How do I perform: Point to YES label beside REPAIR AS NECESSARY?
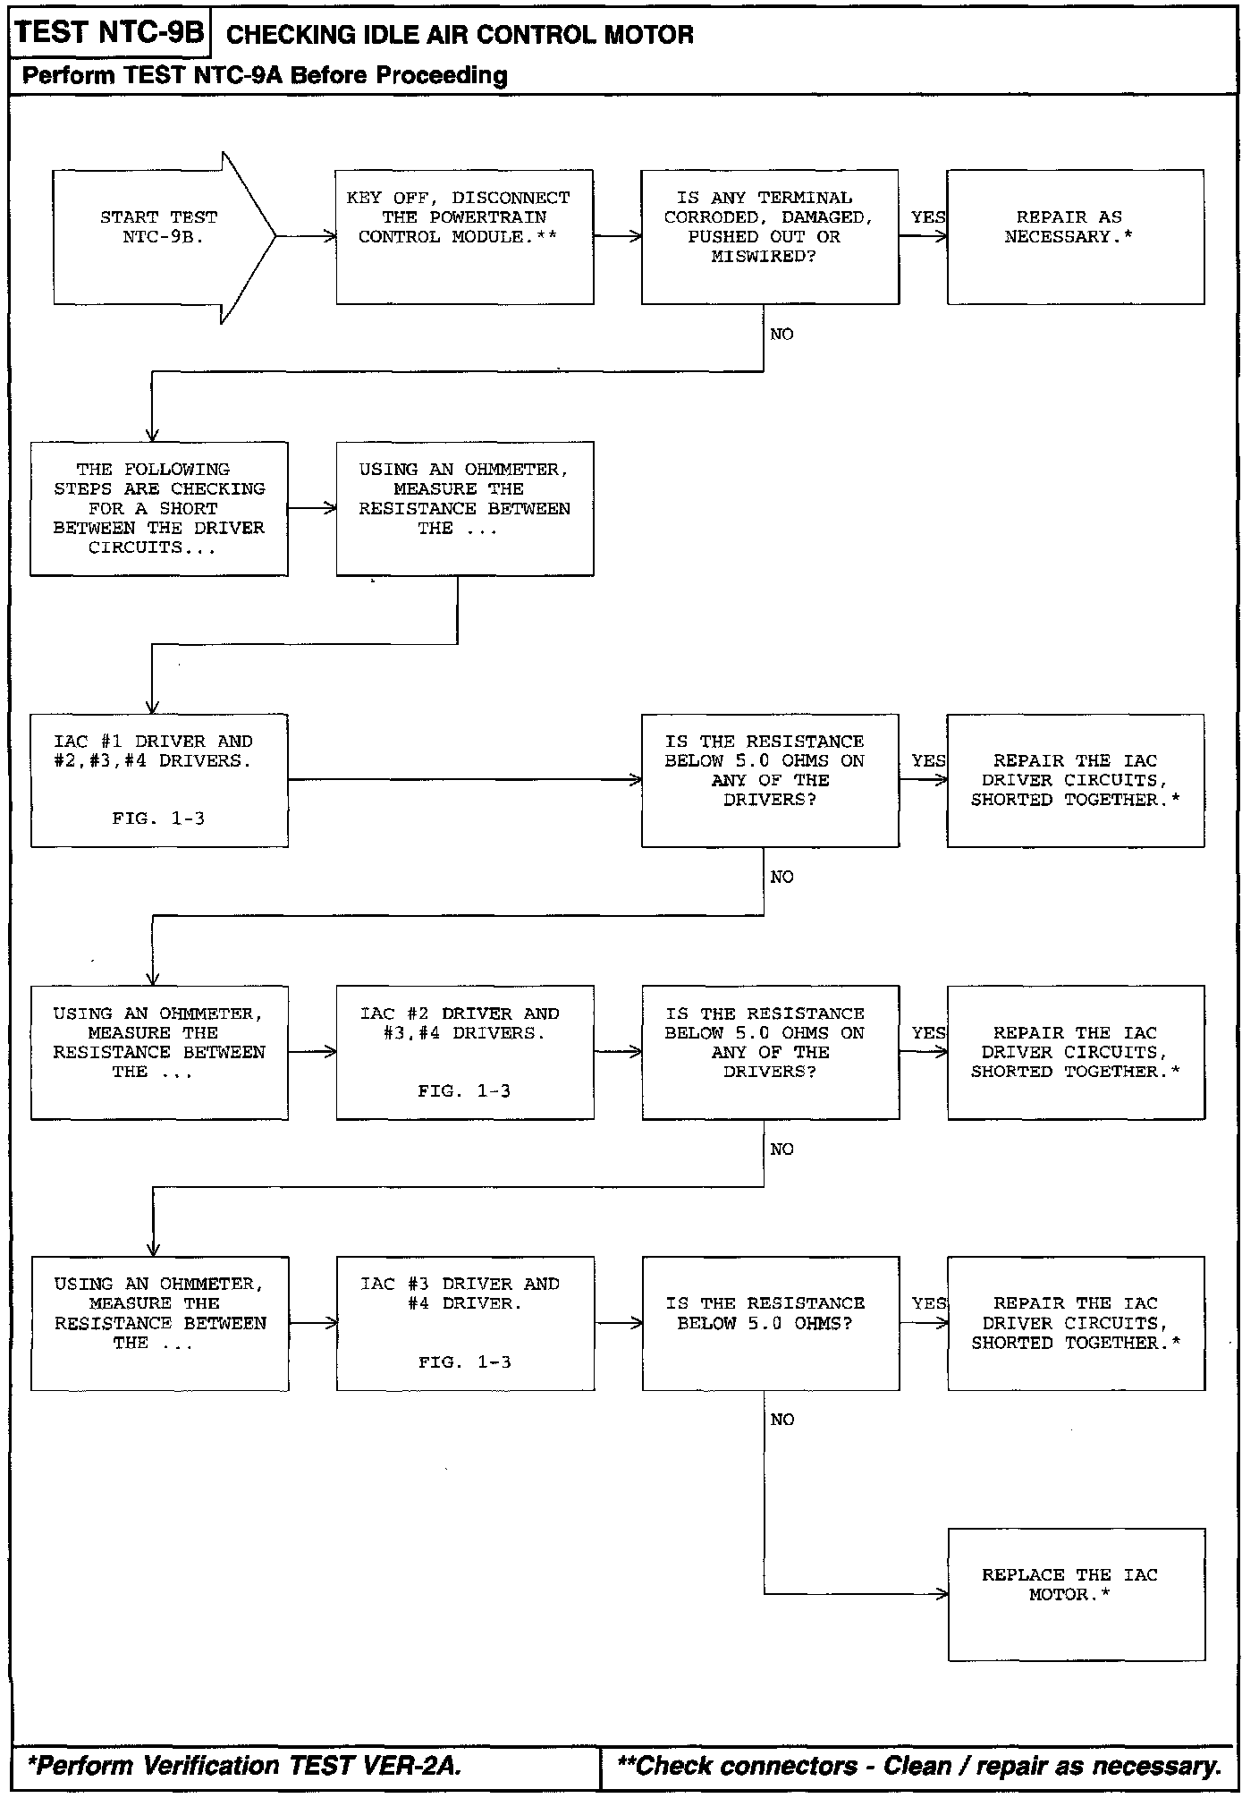tap(928, 217)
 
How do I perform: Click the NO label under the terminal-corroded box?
tap(782, 335)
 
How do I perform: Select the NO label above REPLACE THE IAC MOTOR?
tap(782, 1420)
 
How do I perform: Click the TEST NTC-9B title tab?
tap(110, 32)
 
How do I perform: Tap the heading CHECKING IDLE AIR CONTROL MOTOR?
tap(461, 35)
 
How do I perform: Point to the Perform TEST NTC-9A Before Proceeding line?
tap(265, 75)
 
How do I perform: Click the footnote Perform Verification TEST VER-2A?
tap(245, 1765)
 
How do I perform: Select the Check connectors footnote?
tap(920, 1765)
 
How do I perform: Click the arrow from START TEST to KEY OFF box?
tap(307, 237)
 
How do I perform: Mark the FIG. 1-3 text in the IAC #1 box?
tap(158, 818)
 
